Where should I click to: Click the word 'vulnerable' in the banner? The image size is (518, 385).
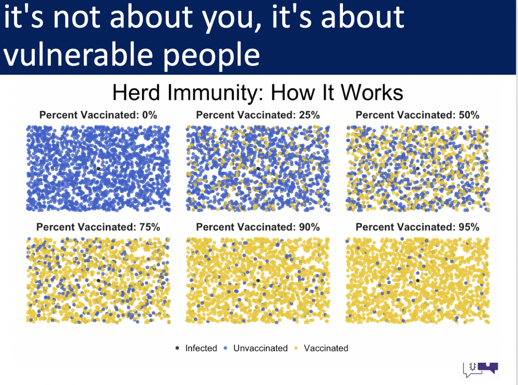pyautogui.click(x=78, y=54)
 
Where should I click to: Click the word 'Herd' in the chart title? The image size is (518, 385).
pyautogui.click(x=136, y=92)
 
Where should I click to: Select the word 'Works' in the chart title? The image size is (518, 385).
pyautogui.click(x=371, y=92)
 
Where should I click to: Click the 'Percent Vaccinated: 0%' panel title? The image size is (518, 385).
pyautogui.click(x=98, y=115)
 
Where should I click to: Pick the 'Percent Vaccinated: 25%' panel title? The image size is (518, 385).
pyautogui.click(x=258, y=115)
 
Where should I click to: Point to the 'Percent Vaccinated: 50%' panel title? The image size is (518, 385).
pyautogui.click(x=418, y=115)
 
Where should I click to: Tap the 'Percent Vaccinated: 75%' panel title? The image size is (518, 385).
pyautogui.click(x=98, y=227)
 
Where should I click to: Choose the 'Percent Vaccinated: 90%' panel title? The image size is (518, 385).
pyautogui.click(x=258, y=227)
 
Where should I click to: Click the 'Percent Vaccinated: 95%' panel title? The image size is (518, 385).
pyautogui.click(x=418, y=227)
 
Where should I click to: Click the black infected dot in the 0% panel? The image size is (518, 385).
pyautogui.click(x=98, y=168)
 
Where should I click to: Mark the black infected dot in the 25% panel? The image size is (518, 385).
pyautogui.click(x=258, y=168)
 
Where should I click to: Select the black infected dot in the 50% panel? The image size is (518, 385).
pyautogui.click(x=418, y=168)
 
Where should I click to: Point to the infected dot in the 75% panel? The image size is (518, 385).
pyautogui.click(x=98, y=280)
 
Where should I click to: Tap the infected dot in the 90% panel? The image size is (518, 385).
pyautogui.click(x=258, y=280)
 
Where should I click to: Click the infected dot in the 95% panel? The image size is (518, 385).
pyautogui.click(x=418, y=280)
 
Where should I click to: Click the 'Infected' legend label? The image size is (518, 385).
pyautogui.click(x=201, y=348)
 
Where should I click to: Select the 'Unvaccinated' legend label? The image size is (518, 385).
pyautogui.click(x=261, y=348)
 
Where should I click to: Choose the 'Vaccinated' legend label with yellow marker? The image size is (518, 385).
pyautogui.click(x=326, y=348)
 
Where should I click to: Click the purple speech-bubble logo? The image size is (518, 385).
pyautogui.click(x=487, y=367)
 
